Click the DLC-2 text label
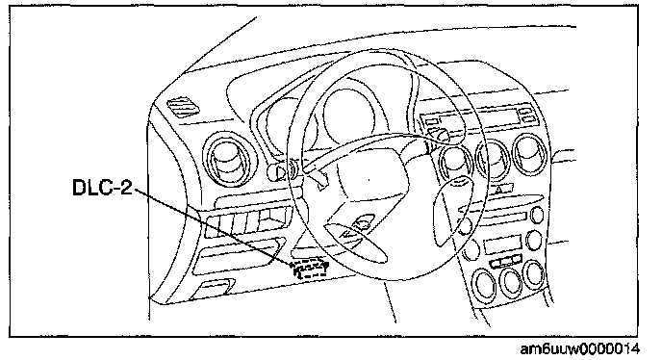pos(102,187)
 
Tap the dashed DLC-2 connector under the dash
pos(309,270)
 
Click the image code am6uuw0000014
pos(579,349)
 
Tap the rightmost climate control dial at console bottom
pos(534,274)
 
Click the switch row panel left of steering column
pos(247,221)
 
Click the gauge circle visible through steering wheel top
pos(349,115)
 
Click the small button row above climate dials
pos(506,262)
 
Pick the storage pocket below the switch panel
pos(238,256)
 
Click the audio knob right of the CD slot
pos(537,215)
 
